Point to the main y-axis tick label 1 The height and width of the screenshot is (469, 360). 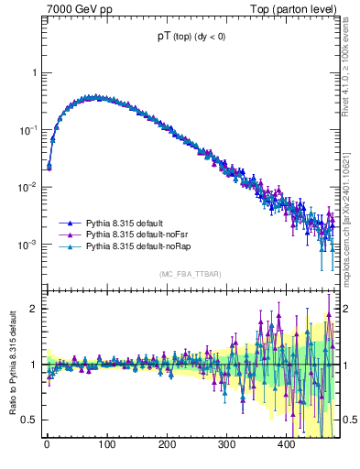(33, 72)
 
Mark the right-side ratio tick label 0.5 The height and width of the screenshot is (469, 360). (345, 420)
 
